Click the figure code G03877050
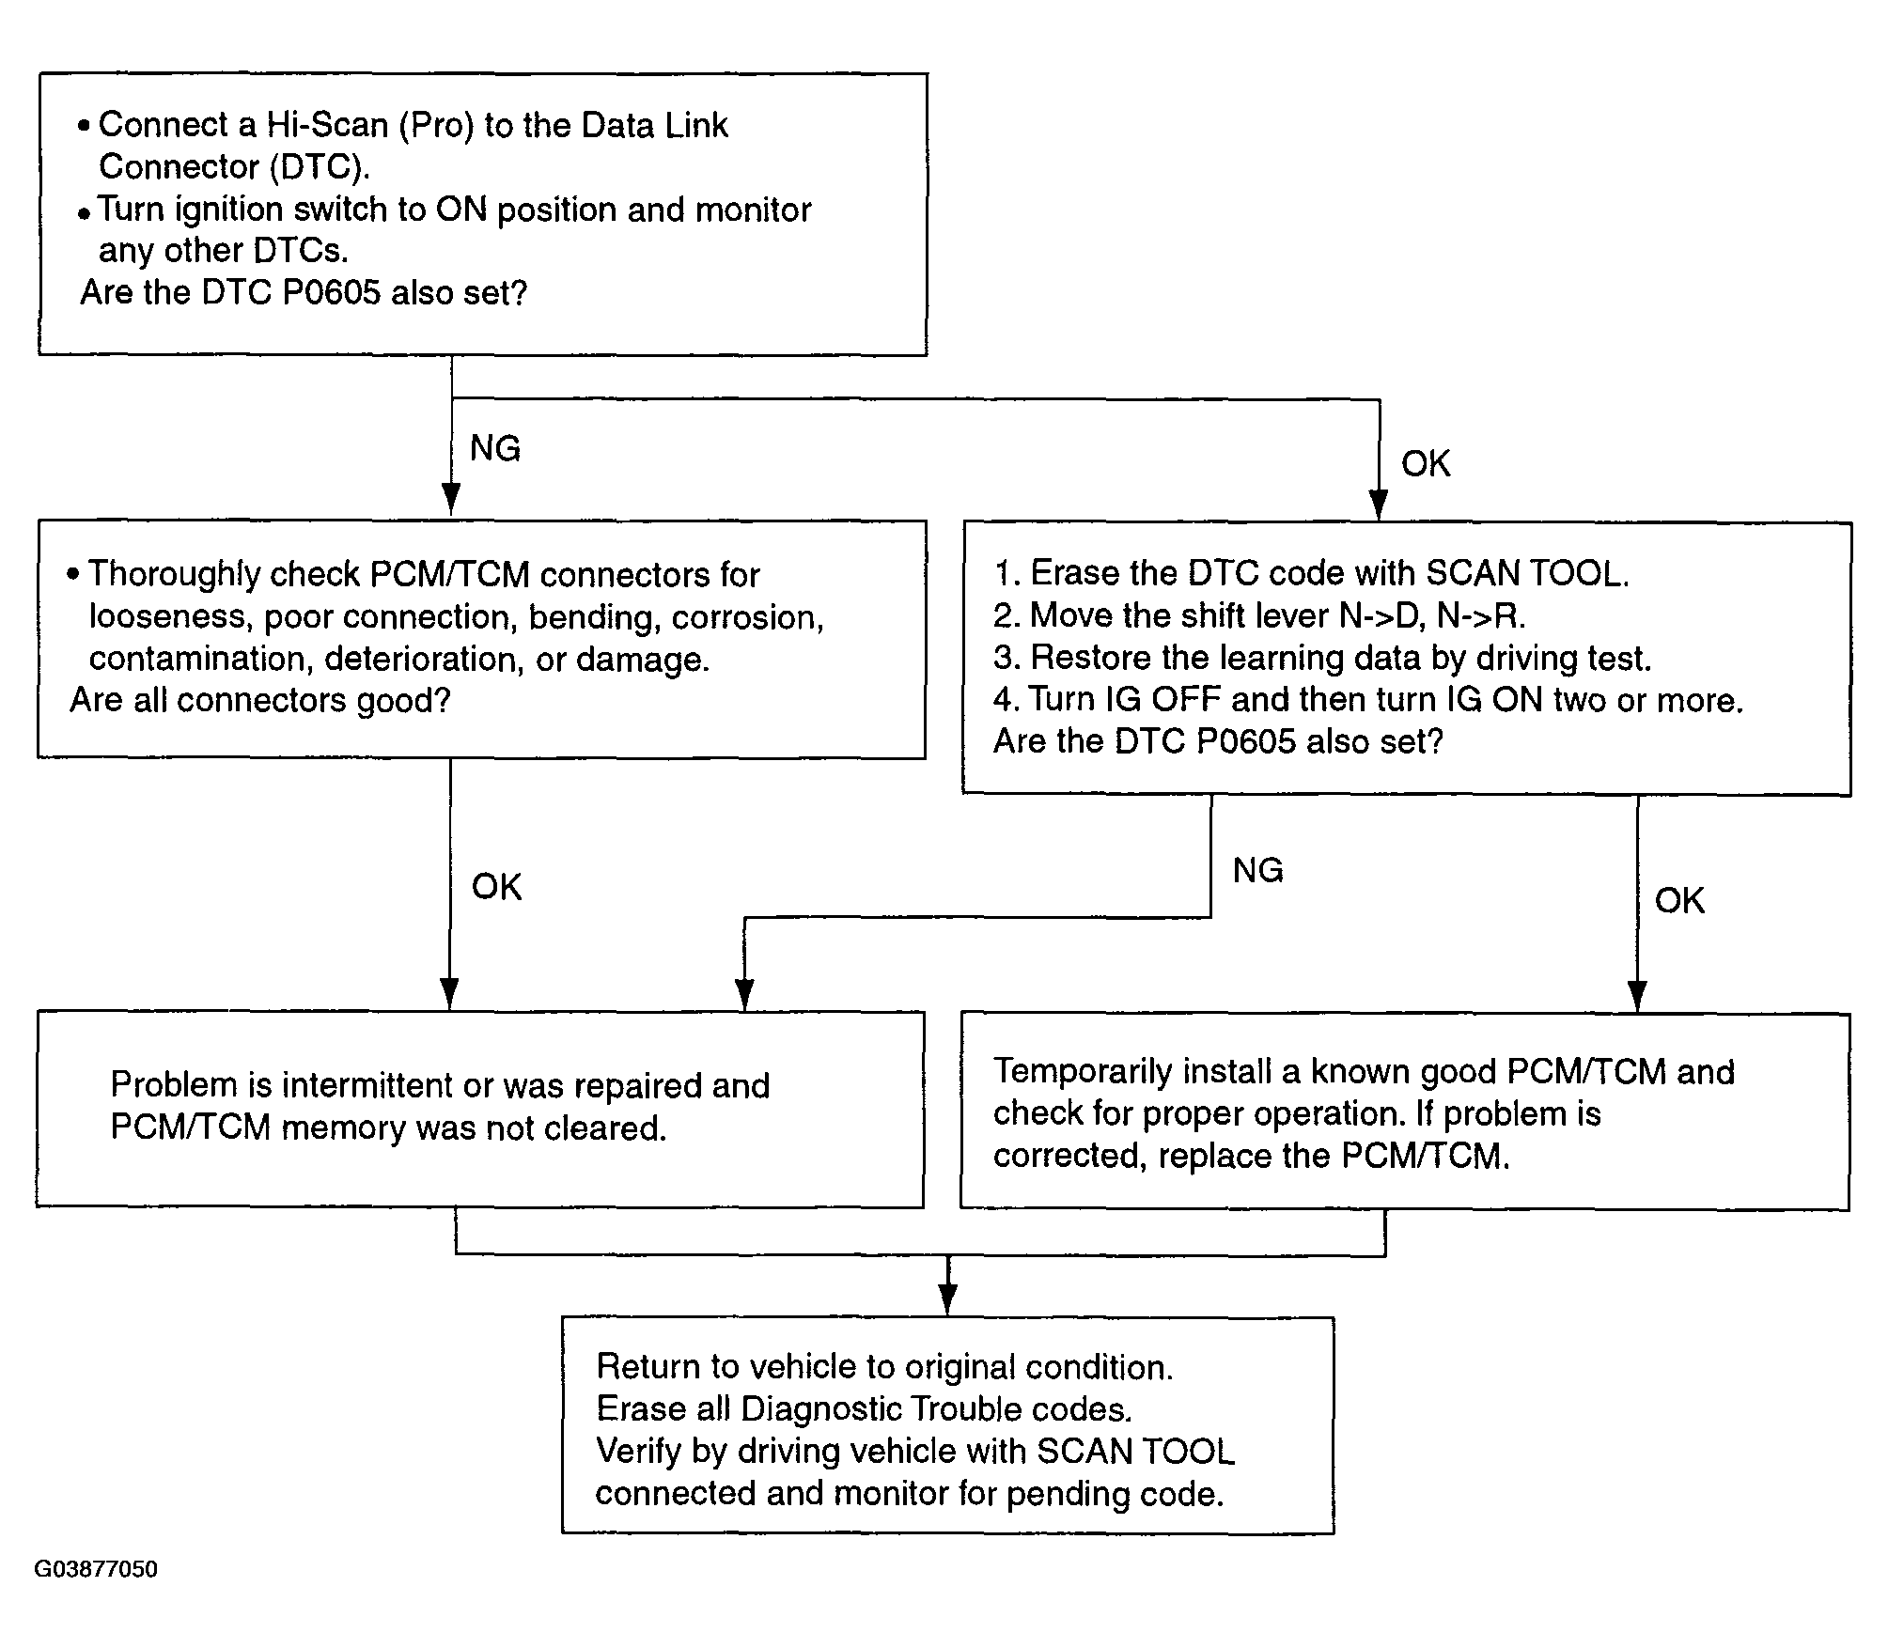click(96, 1569)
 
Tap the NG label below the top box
click(495, 448)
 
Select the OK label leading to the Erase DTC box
click(1426, 463)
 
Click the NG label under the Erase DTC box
click(1258, 870)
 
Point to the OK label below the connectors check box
click(496, 886)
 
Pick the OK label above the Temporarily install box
click(1679, 900)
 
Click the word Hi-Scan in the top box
click(328, 125)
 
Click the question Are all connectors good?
click(260, 701)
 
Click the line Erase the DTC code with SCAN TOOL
click(1312, 573)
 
